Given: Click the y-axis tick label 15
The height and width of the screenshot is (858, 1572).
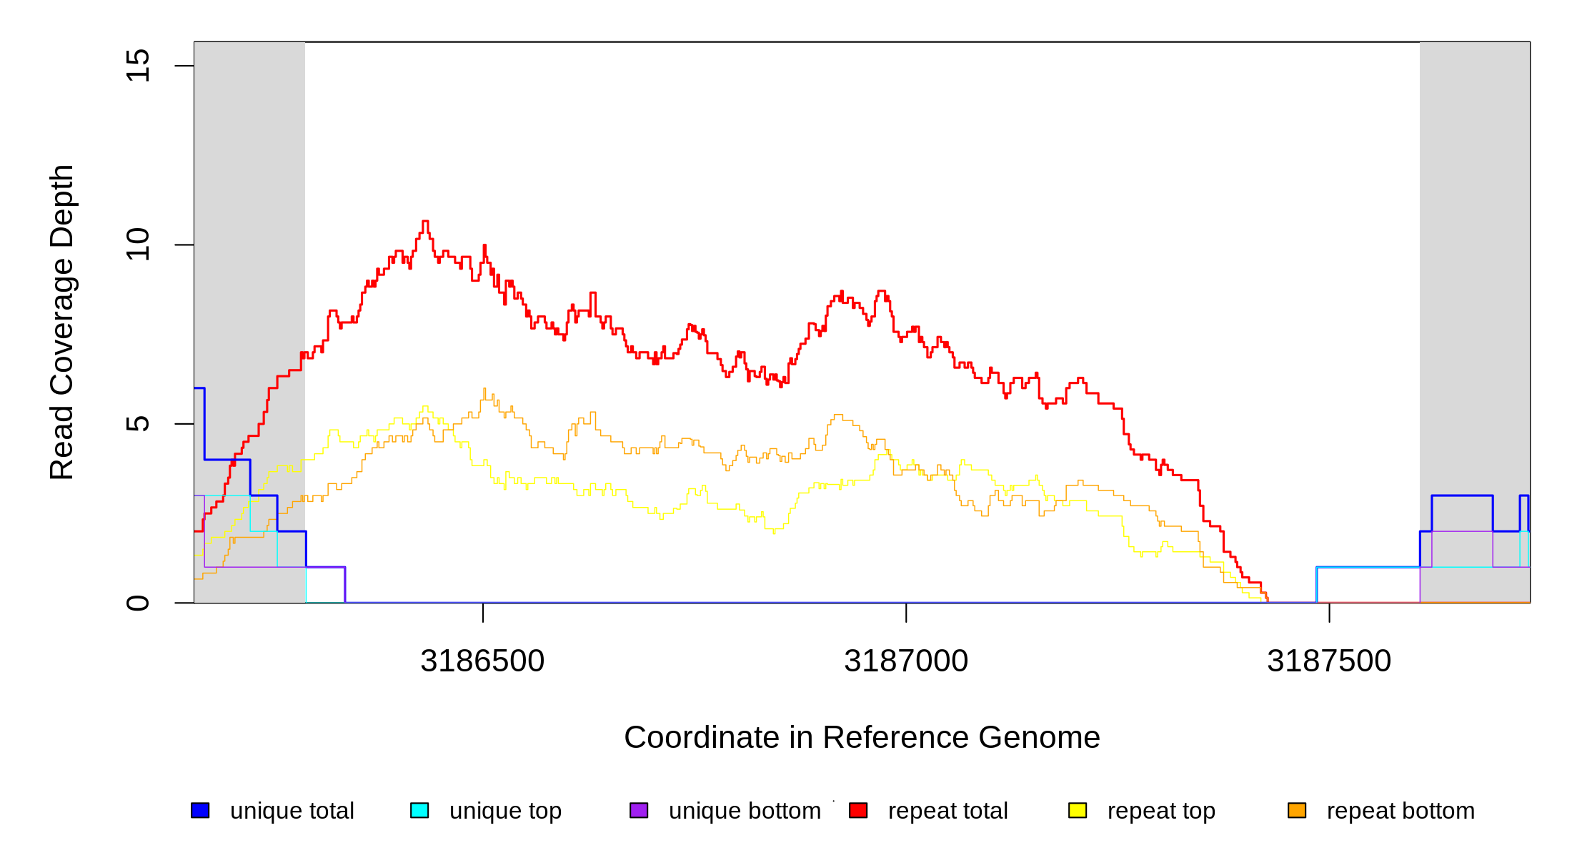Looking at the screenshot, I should coord(137,66).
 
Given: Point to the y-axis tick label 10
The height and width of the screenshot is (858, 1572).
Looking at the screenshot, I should coord(137,245).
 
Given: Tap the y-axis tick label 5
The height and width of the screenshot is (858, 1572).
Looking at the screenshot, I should coord(137,424).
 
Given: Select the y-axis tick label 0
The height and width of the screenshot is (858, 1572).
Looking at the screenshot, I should coord(137,603).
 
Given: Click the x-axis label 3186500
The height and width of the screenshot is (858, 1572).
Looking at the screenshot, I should coord(482,661).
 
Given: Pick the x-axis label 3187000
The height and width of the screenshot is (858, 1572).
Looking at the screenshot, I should coord(906,661).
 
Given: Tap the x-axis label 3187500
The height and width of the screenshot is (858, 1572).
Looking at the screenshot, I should coord(1329,661).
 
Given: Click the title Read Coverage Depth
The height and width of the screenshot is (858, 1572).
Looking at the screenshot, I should coord(62,322).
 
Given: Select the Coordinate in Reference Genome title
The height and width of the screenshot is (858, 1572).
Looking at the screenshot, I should coord(862,738).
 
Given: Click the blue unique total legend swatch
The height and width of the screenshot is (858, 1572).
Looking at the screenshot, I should coord(200,810).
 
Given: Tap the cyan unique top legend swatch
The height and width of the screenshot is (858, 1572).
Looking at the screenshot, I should coord(419,810).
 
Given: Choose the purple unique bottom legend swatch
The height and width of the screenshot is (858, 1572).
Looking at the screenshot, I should coord(639,810).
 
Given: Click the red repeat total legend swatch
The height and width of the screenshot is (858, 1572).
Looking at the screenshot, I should coord(858,810).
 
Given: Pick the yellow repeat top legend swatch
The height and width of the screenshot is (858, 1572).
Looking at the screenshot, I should coord(1078,810).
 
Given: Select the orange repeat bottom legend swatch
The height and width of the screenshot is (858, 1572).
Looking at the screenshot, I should coord(1297,810).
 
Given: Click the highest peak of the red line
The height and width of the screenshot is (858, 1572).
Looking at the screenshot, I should coord(425,222).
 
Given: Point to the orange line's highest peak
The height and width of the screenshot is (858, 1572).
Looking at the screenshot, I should coord(484,389).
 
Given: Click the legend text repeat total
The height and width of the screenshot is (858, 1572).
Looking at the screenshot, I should coord(947,811).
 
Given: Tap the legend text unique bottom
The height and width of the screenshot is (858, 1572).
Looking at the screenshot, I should coord(745,811).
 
